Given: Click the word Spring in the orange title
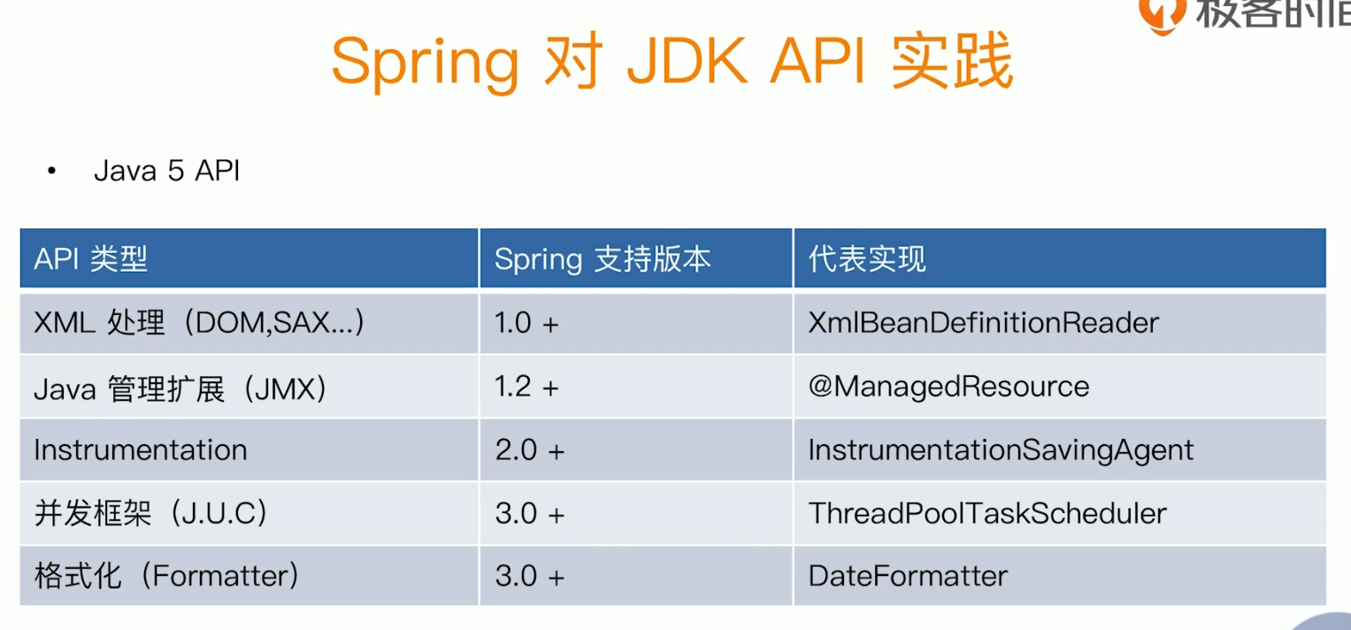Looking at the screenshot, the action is point(425,64).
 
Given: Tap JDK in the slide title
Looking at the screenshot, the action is point(687,61).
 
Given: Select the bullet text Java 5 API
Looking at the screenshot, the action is point(167,171).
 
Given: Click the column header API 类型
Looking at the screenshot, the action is point(90,259).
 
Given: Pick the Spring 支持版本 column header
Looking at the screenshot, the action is point(603,260).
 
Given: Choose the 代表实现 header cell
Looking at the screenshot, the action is point(867,259).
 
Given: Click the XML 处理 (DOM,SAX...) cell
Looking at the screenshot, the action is point(199,323).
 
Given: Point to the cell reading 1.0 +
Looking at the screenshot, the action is point(526,324).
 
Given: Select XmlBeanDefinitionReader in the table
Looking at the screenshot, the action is point(983,323).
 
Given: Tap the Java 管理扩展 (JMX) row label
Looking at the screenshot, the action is point(180,388).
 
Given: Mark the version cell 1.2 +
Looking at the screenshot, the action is point(526,387).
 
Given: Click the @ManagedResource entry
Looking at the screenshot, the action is point(948,387).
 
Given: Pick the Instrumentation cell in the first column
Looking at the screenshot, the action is point(141,450).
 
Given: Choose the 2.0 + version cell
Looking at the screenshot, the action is point(530,450).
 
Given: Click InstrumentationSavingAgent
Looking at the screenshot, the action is point(1001,450).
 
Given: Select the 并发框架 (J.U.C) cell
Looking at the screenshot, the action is point(150,513).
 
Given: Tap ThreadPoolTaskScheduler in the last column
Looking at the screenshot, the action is point(987,513).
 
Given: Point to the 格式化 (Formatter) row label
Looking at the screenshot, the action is point(166,576).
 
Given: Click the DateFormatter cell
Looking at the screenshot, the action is point(908,576).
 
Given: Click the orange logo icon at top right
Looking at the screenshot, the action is point(1162,13).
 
